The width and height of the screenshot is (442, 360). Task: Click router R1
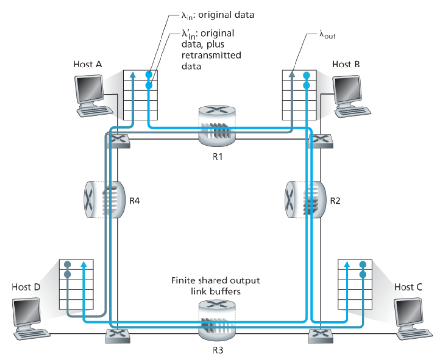216,125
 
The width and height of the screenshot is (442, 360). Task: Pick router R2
302,199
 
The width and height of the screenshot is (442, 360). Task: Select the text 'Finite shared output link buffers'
215,285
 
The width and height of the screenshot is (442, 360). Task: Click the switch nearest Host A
118,140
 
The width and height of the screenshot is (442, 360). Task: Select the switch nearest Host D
118,334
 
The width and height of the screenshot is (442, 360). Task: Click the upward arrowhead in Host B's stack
292,74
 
